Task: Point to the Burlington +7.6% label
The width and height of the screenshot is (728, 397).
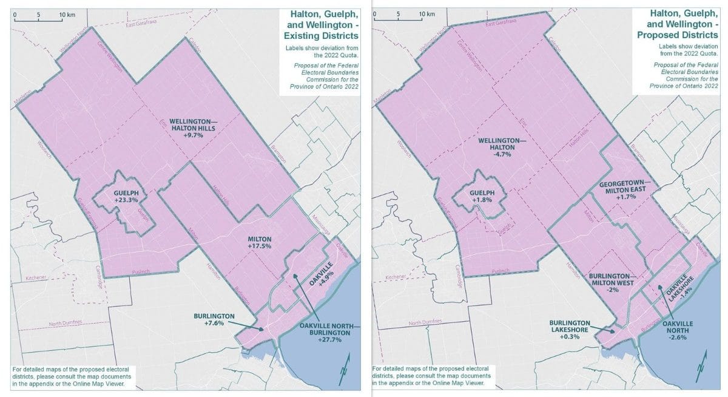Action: [209, 319]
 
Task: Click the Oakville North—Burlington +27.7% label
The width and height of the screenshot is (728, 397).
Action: [329, 333]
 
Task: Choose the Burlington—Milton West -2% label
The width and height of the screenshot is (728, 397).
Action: [612, 282]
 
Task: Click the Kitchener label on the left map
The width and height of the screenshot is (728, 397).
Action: [36, 277]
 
